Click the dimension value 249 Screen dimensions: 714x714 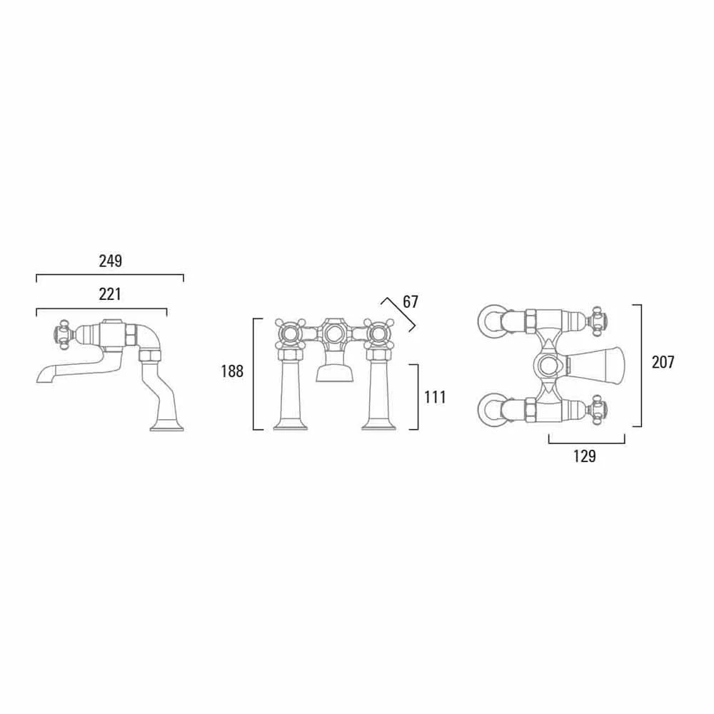pyautogui.click(x=110, y=261)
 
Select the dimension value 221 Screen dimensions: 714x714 pyautogui.click(x=110, y=294)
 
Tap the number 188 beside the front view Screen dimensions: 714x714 pyautogui.click(x=232, y=371)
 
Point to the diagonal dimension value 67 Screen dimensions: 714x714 pyautogui.click(x=411, y=301)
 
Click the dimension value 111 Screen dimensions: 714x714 pyautogui.click(x=435, y=397)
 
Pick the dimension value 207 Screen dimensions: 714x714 pyautogui.click(x=663, y=362)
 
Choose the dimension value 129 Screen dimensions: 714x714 pyautogui.click(x=584, y=456)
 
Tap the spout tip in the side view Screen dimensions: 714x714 pyautogui.click(x=41, y=376)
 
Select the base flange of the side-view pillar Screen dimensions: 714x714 pyautogui.click(x=167, y=428)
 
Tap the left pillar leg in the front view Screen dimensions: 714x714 pyautogui.click(x=291, y=393)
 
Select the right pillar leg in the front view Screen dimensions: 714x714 pyautogui.click(x=378, y=393)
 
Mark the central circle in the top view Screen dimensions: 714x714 pyautogui.click(x=548, y=366)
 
